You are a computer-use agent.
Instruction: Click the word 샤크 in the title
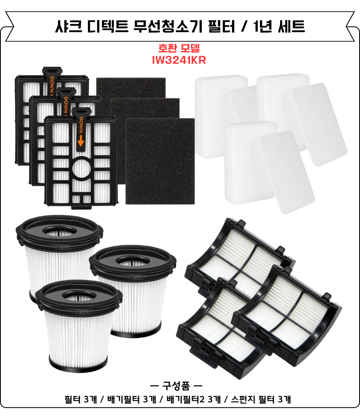click(x=66, y=27)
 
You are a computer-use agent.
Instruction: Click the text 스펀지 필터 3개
click(x=261, y=399)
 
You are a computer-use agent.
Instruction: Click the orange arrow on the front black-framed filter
click(x=80, y=142)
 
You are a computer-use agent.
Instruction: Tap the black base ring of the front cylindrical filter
click(x=80, y=364)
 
